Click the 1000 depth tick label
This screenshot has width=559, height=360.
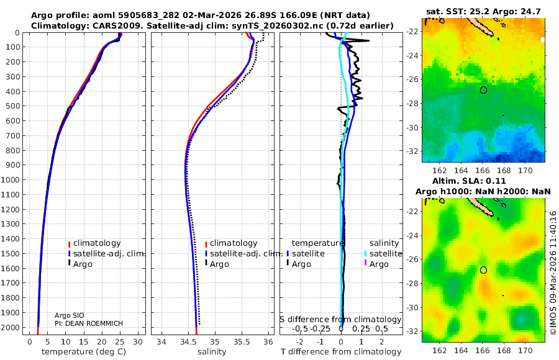click(12, 180)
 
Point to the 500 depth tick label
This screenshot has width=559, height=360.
click(14, 106)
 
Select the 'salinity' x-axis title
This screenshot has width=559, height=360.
click(211, 352)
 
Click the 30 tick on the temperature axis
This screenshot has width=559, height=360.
click(138, 341)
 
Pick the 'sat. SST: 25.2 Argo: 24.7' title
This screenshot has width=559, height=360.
click(484, 12)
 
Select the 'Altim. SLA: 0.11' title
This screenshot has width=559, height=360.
click(484, 180)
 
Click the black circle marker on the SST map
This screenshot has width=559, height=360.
click(483, 90)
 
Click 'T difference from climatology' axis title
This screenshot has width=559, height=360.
click(341, 352)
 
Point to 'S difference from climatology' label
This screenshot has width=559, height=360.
click(340, 320)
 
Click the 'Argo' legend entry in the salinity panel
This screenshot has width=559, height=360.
click(220, 264)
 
